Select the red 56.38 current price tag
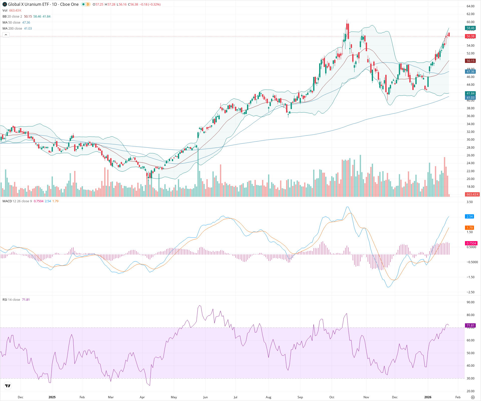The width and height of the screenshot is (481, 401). pyautogui.click(x=470, y=36)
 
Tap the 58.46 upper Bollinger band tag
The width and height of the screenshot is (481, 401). pyautogui.click(x=470, y=28)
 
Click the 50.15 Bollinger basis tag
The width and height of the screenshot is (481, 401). pyautogui.click(x=470, y=61)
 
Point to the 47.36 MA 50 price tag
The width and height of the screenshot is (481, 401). pyautogui.click(x=470, y=72)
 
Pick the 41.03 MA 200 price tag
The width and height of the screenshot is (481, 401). pyautogui.click(x=470, y=98)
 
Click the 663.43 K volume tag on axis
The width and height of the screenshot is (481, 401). pyautogui.click(x=472, y=194)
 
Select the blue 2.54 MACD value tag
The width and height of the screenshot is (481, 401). pyautogui.click(x=469, y=217)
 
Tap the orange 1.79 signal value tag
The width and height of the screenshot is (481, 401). pyautogui.click(x=469, y=228)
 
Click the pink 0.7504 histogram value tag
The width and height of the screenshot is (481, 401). pyautogui.click(x=471, y=243)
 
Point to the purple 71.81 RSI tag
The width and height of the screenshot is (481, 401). pyautogui.click(x=470, y=326)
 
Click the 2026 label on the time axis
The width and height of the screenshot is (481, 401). pyautogui.click(x=428, y=397)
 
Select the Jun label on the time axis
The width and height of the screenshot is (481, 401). pyautogui.click(x=205, y=397)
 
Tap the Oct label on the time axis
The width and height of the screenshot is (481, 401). pyautogui.click(x=332, y=397)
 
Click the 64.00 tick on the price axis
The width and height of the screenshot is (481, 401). pyautogui.click(x=470, y=6)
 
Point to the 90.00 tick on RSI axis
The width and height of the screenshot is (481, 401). pyautogui.click(x=470, y=302)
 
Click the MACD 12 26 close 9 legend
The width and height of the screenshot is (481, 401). pyautogui.click(x=17, y=201)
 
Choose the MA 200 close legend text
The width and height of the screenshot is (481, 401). pyautogui.click(x=12, y=29)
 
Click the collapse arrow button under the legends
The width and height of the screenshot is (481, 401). pyautogui.click(x=6, y=35)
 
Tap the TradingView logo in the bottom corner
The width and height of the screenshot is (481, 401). pyautogui.click(x=8, y=386)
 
